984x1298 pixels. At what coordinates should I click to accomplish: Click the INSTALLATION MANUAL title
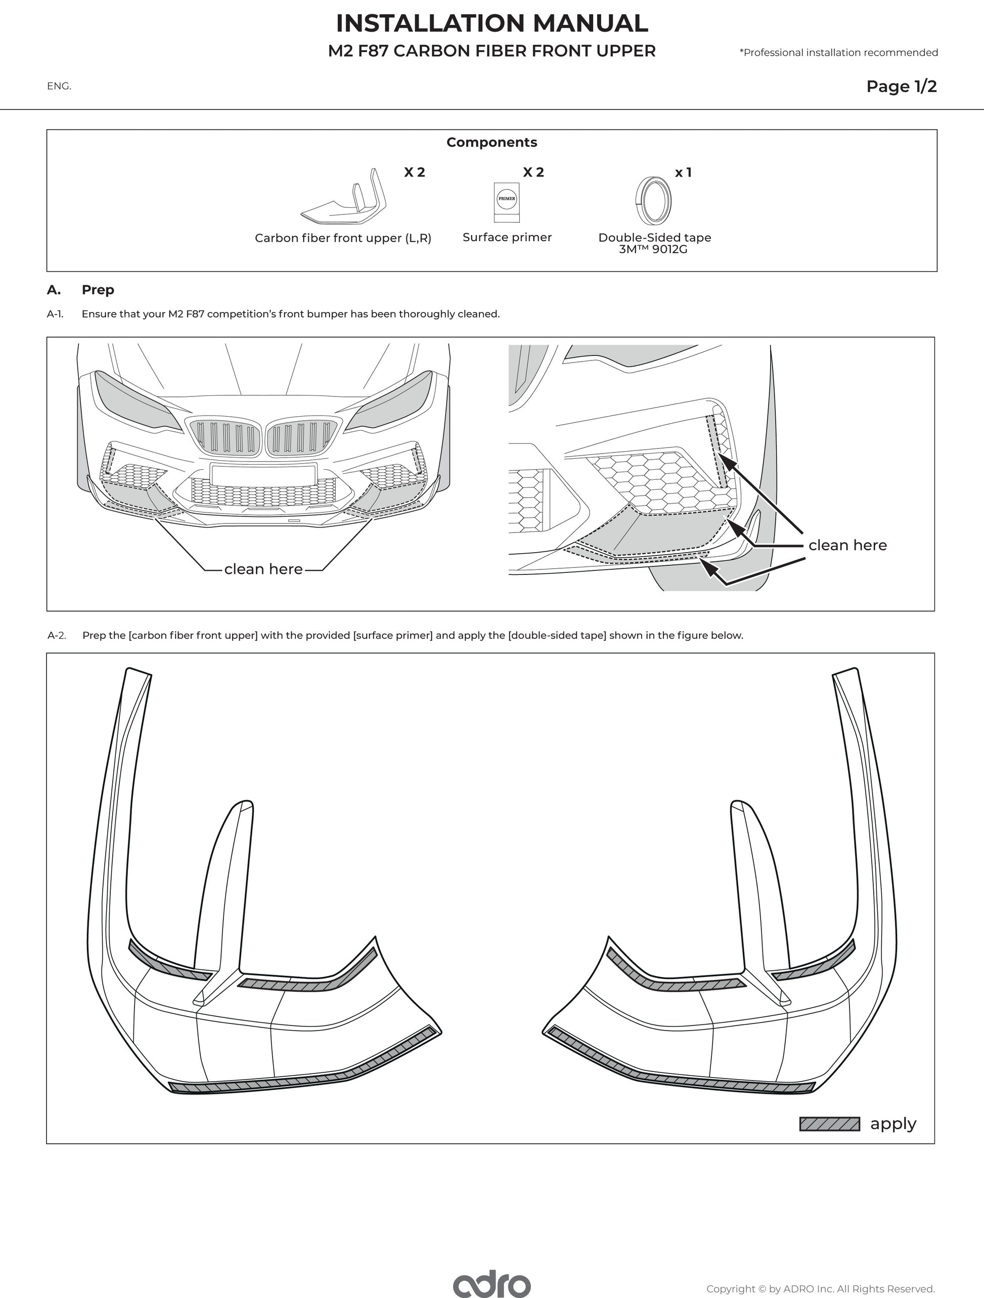coord(491,23)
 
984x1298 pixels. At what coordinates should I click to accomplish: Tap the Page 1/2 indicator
coord(901,86)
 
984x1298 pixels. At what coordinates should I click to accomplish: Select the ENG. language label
coord(59,86)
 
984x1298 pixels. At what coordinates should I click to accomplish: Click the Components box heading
coord(491,142)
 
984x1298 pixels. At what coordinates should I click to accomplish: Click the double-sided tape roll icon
coord(653,201)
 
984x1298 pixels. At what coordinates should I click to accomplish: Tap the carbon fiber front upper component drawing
coord(343,200)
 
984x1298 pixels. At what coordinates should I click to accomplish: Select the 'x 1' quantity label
coord(683,172)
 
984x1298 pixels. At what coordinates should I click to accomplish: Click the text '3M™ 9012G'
coord(653,249)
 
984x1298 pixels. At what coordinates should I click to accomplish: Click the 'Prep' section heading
coord(98,290)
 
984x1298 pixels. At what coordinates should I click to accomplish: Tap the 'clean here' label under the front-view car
coord(263,569)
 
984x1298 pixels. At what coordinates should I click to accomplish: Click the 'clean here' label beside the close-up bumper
coord(847,545)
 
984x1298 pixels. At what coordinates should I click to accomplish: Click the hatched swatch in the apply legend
coord(829,1124)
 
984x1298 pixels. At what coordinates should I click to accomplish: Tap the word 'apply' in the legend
coord(892,1124)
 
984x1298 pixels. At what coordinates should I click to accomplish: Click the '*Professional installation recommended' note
coord(838,53)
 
